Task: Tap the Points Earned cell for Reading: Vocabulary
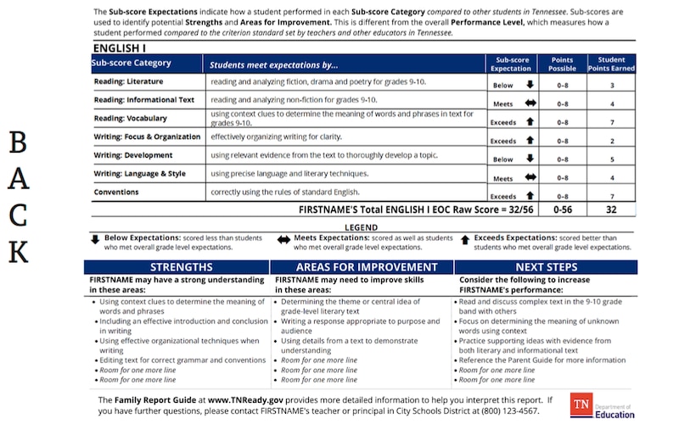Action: pyautogui.click(x=611, y=122)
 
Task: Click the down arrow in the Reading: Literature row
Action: pyautogui.click(x=530, y=85)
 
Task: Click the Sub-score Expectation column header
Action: pyautogui.click(x=512, y=64)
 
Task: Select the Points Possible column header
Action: pyautogui.click(x=562, y=64)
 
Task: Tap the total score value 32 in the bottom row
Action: pyautogui.click(x=611, y=209)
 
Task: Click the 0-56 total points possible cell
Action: pyautogui.click(x=562, y=209)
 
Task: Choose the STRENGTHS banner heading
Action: pyautogui.click(x=176, y=268)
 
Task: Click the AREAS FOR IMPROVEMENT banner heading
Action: pyautogui.click(x=361, y=268)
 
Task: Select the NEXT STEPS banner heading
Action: pyautogui.click(x=546, y=268)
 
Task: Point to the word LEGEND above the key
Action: pyautogui.click(x=362, y=227)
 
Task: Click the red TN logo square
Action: pyautogui.click(x=582, y=404)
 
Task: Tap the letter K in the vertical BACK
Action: pyautogui.click(x=19, y=253)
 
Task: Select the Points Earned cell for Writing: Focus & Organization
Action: pyautogui.click(x=611, y=141)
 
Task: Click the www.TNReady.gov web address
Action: pyautogui.click(x=245, y=399)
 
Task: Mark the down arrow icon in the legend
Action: pyautogui.click(x=96, y=240)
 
